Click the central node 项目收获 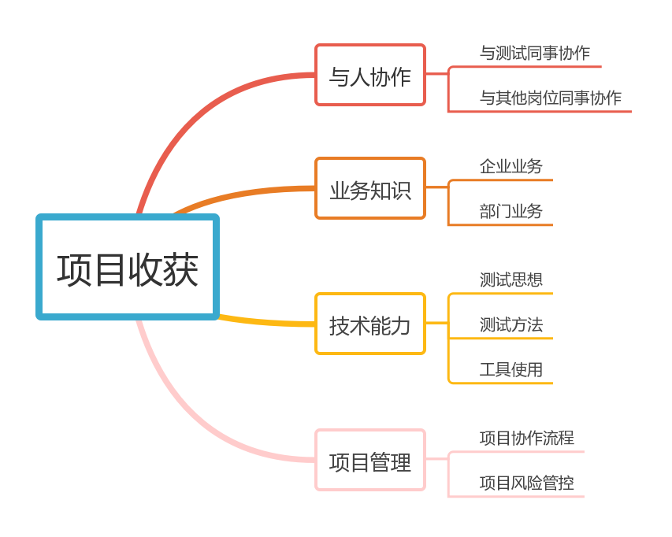tap(128, 267)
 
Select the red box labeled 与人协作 tap(369, 76)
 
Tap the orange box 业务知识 tap(369, 189)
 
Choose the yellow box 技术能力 tap(369, 324)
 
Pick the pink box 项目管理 tap(369, 461)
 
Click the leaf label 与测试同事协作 tap(534, 54)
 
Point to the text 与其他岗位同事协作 tap(550, 98)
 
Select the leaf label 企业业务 tap(510, 166)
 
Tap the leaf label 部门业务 tap(510, 211)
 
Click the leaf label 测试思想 tap(510, 280)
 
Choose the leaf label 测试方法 tap(510, 324)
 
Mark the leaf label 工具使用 tap(510, 369)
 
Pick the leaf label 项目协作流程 tap(526, 438)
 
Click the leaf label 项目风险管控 tap(526, 483)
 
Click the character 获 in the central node tap(181, 269)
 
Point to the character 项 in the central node tap(74, 269)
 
